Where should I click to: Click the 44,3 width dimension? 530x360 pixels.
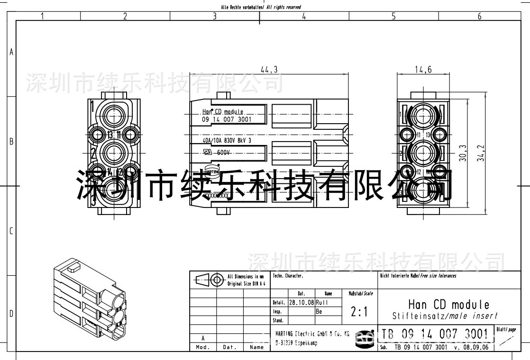269,70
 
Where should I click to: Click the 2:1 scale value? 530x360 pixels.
359,312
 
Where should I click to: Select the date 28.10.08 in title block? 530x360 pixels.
301,302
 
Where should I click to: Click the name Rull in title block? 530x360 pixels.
322,302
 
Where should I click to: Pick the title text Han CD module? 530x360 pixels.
448,304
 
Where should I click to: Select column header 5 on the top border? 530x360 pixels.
393,17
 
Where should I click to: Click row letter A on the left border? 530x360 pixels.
11,52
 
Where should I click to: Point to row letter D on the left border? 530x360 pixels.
11,314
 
